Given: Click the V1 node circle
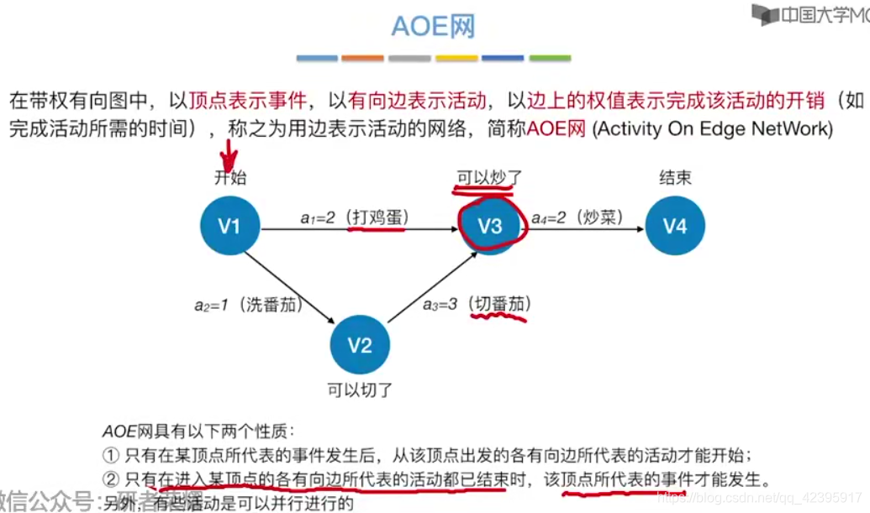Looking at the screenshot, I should point(229,226).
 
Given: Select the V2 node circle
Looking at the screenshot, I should point(360,345).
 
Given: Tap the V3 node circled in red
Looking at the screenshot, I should point(490,226).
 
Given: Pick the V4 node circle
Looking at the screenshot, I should point(675,226).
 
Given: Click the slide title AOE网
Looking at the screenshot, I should point(434,26).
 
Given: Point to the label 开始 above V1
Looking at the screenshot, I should point(230,178).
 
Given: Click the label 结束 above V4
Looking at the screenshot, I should point(675,178).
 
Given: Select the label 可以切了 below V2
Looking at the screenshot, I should point(360,390).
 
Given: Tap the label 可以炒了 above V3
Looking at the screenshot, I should point(489,178).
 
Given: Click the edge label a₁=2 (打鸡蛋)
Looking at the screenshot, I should point(354,217).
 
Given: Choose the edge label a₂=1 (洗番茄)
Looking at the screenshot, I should point(248,305).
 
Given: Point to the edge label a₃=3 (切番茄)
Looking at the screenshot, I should point(476,304).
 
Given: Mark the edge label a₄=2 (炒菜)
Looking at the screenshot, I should point(579,217).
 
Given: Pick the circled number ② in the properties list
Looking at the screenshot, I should point(111,480).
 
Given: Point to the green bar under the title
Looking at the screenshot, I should point(550,59).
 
